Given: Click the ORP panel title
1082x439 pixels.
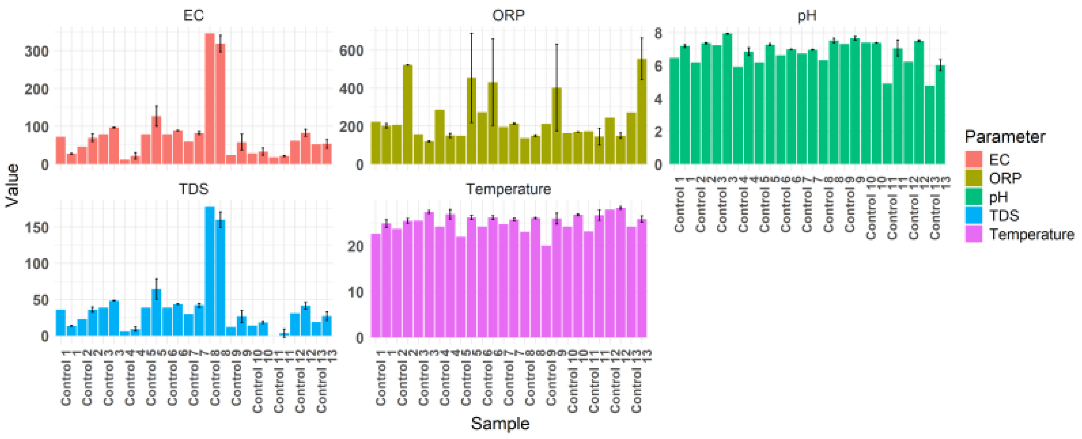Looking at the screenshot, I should [x=508, y=16].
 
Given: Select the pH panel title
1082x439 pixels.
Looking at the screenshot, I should [x=807, y=16].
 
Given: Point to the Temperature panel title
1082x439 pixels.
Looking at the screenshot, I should [x=508, y=189].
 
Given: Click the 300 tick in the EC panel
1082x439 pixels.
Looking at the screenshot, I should [x=37, y=52].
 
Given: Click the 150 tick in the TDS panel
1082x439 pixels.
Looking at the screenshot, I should [x=37, y=227].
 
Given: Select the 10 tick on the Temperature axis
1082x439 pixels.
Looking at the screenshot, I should [x=355, y=292].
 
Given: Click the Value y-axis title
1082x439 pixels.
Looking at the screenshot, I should [x=12, y=185].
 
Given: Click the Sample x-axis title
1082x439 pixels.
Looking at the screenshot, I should [x=500, y=423].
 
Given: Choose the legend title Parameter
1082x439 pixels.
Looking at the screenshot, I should [x=1005, y=137].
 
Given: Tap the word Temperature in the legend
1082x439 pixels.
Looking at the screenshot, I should [x=1031, y=234].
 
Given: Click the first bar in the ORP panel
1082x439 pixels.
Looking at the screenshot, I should [x=376, y=143].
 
